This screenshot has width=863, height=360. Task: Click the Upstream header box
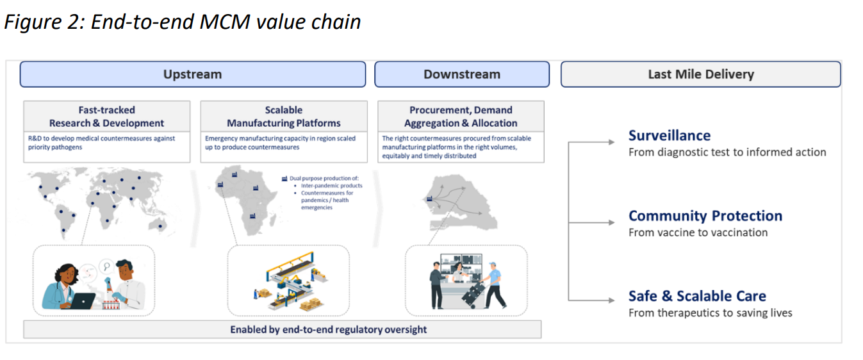pyautogui.click(x=192, y=74)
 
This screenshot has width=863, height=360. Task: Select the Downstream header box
pyautogui.click(x=461, y=74)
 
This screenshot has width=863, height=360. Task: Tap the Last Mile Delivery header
pyautogui.click(x=700, y=74)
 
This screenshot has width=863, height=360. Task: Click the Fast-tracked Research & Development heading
pyautogui.click(x=106, y=117)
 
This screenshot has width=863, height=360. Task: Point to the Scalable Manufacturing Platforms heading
pyautogui.click(x=283, y=117)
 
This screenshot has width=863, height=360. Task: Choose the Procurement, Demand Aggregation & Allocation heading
pyautogui.click(x=461, y=117)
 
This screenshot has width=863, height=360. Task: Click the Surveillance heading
pyautogui.click(x=670, y=136)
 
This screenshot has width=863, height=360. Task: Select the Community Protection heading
pyautogui.click(x=705, y=216)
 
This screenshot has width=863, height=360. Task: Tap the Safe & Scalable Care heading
pyautogui.click(x=697, y=296)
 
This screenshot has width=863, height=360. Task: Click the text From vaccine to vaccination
pyautogui.click(x=698, y=233)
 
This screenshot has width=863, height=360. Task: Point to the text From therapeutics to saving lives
pyautogui.click(x=710, y=313)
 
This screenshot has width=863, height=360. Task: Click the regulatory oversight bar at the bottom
pyautogui.click(x=282, y=330)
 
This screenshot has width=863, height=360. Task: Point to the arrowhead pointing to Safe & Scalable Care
pyautogui.click(x=611, y=300)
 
